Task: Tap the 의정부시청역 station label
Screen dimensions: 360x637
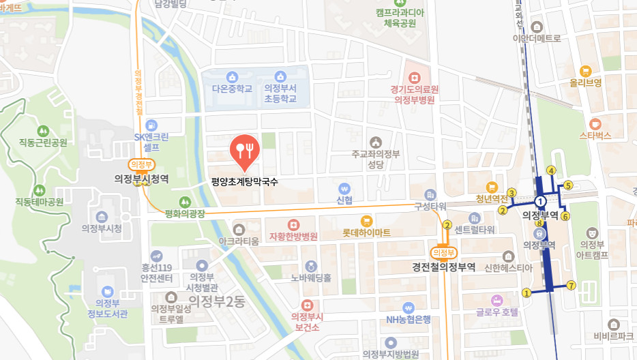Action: coord(141,179)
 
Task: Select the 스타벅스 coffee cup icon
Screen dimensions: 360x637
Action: coord(595,124)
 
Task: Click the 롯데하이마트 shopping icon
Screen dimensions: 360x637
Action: coord(366,220)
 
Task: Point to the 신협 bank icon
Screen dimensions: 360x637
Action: coord(344,187)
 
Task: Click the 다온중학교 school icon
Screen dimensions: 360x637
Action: coord(232,76)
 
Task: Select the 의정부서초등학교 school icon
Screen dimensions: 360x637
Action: coord(280,76)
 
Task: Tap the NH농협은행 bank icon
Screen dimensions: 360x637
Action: coord(409,307)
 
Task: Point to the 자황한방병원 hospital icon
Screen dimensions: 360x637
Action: coord(293,224)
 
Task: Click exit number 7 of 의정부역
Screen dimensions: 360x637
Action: coord(571,285)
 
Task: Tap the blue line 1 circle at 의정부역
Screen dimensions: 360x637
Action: coord(540,201)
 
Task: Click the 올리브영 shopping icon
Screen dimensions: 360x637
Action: coord(585,71)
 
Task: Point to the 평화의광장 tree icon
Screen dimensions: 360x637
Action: coord(184,201)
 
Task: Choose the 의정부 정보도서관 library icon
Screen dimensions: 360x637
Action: coord(107,291)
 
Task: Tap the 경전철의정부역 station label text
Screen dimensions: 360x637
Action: coord(444,266)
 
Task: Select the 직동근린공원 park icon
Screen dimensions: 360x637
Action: coord(44,130)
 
